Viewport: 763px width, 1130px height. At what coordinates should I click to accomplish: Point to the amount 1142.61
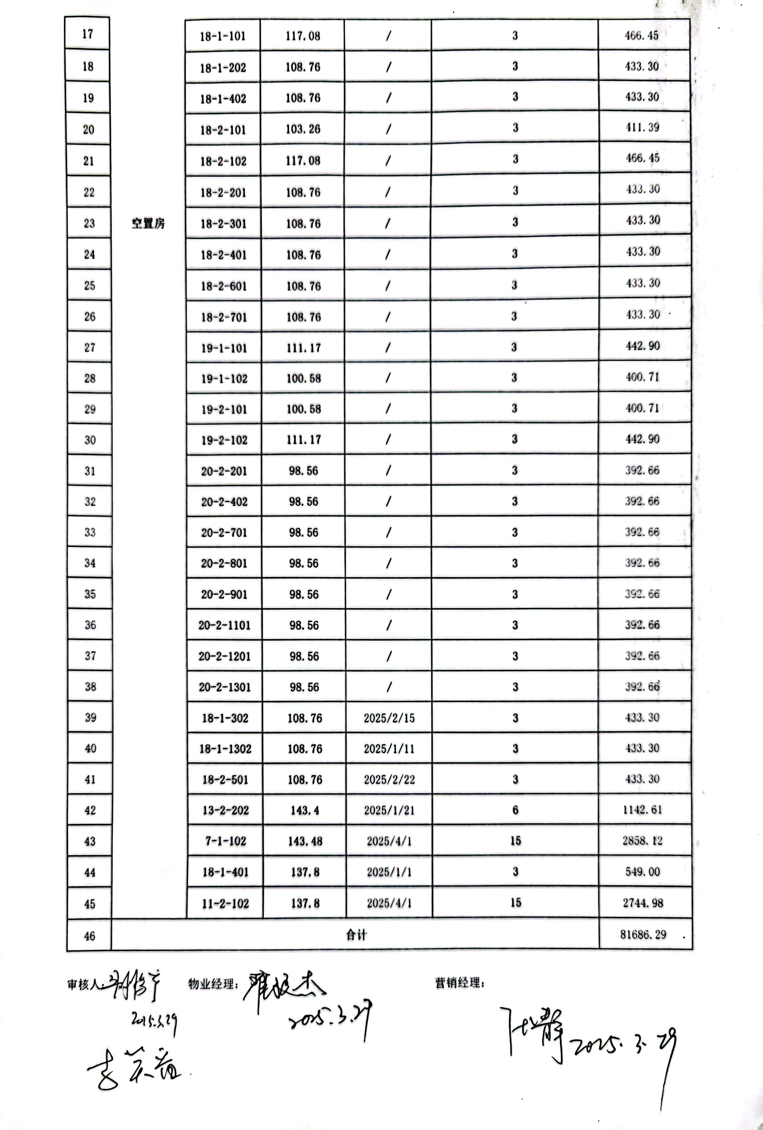tap(642, 810)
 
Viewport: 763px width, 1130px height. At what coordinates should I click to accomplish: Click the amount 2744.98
tap(642, 903)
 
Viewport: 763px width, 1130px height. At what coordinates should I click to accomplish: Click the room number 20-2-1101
tap(224, 625)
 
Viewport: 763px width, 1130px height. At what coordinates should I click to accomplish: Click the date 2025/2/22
tap(389, 780)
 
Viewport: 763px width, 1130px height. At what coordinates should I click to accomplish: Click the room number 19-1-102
tap(224, 379)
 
